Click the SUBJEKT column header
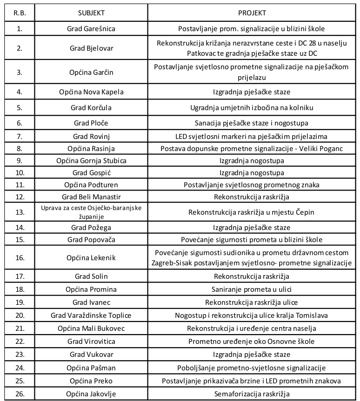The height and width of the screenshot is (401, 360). coord(91,13)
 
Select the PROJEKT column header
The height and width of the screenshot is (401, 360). coord(251,13)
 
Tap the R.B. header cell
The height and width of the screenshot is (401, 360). coord(20,13)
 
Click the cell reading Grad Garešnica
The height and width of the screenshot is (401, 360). coord(91,29)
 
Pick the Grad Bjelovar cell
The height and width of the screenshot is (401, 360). coord(91,48)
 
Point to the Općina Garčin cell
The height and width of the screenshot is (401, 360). coord(91,72)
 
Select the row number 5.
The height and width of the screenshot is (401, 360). coord(20,108)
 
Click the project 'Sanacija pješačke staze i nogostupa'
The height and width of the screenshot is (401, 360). coord(251,123)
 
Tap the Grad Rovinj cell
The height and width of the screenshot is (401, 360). coord(91,137)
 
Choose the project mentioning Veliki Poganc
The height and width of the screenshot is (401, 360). coord(251,149)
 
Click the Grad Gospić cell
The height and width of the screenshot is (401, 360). coord(91,173)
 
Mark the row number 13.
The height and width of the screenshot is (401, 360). coord(20,212)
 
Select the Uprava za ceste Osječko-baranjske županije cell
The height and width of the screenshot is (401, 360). coord(91,212)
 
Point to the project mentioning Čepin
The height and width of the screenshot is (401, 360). coord(251,212)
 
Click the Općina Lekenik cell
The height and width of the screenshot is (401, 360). coord(91,257)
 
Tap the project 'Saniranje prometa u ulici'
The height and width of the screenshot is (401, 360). coord(251,289)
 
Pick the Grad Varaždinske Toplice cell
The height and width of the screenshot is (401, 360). coord(91,316)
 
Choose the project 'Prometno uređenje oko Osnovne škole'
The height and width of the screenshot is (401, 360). coord(251,342)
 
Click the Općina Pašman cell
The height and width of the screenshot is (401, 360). coord(91,368)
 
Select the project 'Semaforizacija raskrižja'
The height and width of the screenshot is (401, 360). coord(251,394)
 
